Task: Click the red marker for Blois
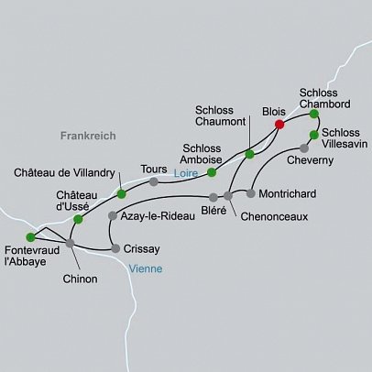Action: pos(279,125)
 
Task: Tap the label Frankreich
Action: pos(88,136)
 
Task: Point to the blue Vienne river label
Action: pos(146,269)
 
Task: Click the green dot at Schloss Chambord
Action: pos(314,115)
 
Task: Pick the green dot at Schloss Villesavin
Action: pos(314,135)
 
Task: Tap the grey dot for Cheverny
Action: pos(304,148)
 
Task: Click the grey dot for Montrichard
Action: pos(250,193)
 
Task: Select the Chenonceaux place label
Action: pos(274,216)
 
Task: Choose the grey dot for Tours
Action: pos(154,181)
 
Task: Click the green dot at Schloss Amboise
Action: pos(212,171)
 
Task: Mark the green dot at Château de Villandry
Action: pos(122,193)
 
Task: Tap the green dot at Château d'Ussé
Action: pos(78,219)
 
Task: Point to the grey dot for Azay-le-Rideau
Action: pos(113,216)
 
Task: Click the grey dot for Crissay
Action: pos(115,247)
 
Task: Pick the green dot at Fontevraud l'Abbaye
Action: pos(30,237)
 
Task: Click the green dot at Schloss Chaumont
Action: pos(249,154)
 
